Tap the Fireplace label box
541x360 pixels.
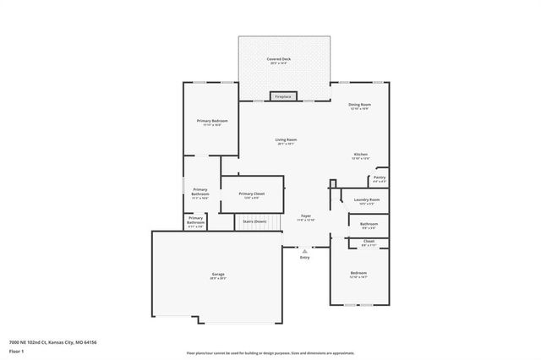pyautogui.click(x=283, y=97)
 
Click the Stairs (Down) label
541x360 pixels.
pyautogui.click(x=254, y=221)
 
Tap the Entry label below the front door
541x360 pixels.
pyautogui.click(x=305, y=258)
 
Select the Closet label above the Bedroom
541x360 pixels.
pyautogui.click(x=369, y=243)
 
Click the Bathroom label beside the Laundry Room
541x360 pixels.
pyautogui.click(x=369, y=225)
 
